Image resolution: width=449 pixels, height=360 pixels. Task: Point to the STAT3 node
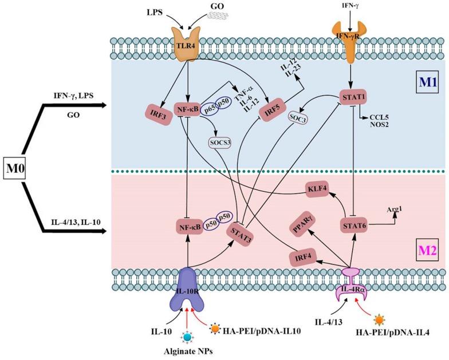click(242, 235)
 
